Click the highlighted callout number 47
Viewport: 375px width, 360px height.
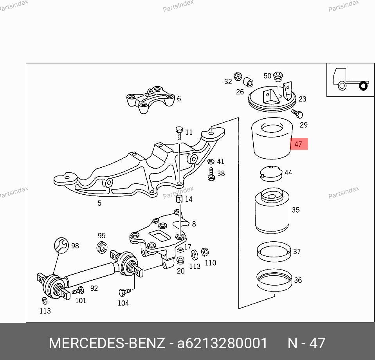click(298, 144)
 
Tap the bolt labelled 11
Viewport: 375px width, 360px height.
click(179, 133)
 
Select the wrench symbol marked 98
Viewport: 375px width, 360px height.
click(61, 245)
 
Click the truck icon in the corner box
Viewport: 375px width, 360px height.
click(351, 79)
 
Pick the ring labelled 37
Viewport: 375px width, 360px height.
click(274, 252)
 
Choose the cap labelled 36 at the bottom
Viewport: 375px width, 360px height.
click(274, 280)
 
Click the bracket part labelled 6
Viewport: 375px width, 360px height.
click(150, 99)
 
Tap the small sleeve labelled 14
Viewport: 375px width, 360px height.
click(179, 199)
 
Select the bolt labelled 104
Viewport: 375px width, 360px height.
click(124, 292)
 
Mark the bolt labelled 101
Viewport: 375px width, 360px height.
click(78, 291)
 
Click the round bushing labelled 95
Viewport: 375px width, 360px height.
click(102, 247)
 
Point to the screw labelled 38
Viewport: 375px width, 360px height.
click(211, 174)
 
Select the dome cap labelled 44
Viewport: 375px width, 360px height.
click(271, 173)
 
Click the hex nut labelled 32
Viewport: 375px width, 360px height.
click(238, 76)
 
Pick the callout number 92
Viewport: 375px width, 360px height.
click(94, 288)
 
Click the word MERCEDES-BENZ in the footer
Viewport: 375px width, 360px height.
click(107, 343)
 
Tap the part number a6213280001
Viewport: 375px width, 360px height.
click(222, 343)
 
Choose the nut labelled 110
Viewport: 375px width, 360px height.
click(205, 252)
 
